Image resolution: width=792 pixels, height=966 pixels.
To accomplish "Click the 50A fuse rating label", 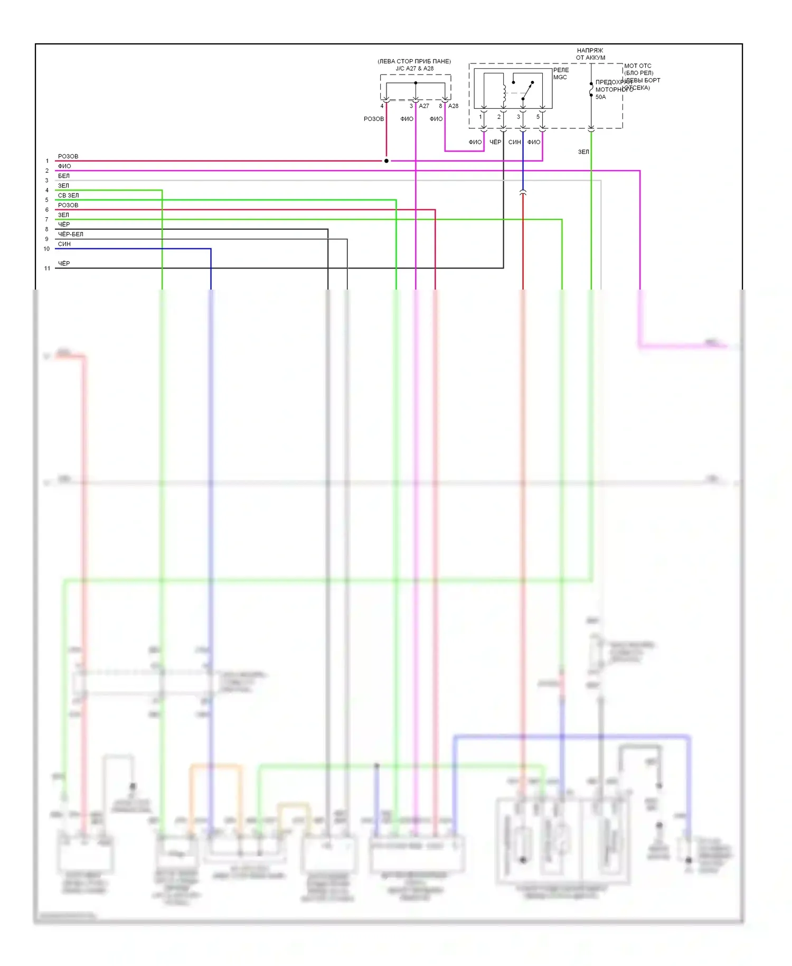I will pos(600,97).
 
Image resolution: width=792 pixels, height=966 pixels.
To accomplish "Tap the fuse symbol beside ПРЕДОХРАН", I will pos(591,90).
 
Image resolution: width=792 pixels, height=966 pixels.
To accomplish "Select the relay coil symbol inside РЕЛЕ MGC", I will pos(504,94).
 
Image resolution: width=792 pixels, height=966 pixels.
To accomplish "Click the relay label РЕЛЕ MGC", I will pos(561,73).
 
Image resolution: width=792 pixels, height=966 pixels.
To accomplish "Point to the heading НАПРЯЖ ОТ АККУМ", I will pos(590,54).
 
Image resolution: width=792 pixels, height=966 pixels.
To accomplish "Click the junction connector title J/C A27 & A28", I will pos(414,68).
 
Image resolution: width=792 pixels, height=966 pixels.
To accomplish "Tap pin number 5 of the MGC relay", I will pos(538,117).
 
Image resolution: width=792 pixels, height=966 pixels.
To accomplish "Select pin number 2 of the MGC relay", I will pos(498,117).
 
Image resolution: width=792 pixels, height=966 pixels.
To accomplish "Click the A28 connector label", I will pos(453,106).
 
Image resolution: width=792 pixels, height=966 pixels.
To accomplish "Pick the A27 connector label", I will pos(424,106).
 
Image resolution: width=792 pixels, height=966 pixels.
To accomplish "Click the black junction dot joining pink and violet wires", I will pos(386,161).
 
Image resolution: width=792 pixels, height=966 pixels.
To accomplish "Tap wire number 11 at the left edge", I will pos(47,268).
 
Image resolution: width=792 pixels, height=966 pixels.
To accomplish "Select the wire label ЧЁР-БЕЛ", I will pos(70,234).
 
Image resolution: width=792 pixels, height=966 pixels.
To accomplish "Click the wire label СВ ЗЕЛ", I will pos(68,196).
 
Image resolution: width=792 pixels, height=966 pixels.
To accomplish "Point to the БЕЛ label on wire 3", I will pos(63,176).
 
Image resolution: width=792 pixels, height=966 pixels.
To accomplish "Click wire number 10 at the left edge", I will pos(46,249).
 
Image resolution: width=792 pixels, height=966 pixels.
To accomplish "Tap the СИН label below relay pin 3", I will pos(514,142).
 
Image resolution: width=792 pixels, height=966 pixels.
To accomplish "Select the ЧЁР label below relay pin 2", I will pos(495,142).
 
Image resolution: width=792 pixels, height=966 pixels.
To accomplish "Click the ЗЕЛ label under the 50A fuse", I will pos(583,152).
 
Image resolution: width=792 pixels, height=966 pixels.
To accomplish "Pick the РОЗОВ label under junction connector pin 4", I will pos(373,119).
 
